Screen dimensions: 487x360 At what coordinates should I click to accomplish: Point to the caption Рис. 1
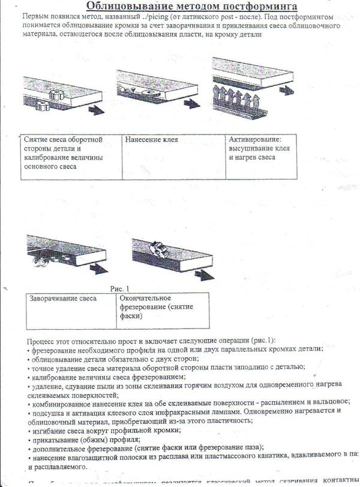coord(119,288)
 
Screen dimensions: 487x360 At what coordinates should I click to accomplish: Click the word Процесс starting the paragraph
coord(42,340)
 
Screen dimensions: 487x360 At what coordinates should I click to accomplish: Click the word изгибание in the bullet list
coord(47,429)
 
